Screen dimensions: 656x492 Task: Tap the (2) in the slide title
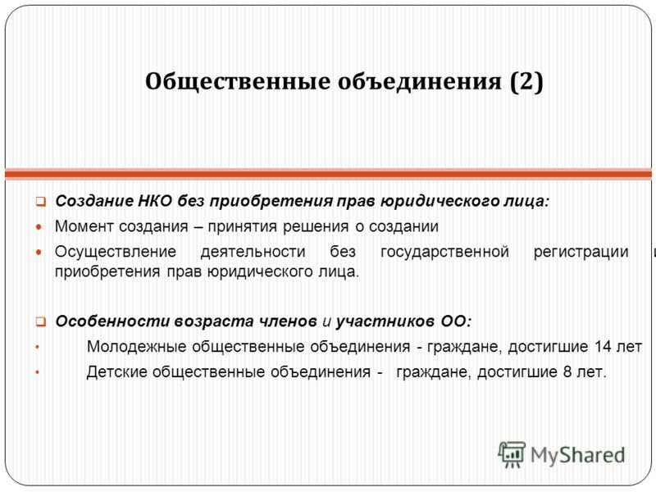click(x=526, y=81)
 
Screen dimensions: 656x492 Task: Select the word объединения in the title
click(x=420, y=81)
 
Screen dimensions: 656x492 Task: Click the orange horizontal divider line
click(x=328, y=174)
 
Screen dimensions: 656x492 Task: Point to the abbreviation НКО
click(x=155, y=201)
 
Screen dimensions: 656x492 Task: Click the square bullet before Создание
click(x=40, y=202)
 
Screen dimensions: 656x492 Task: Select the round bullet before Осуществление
click(x=39, y=253)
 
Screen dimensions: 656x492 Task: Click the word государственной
click(x=444, y=253)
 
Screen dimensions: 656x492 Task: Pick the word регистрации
click(x=581, y=253)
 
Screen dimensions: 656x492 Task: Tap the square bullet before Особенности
click(x=40, y=321)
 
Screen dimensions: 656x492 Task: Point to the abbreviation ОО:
click(x=456, y=321)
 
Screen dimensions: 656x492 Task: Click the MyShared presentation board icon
click(x=511, y=454)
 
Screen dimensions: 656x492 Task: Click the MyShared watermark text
click(x=577, y=455)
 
